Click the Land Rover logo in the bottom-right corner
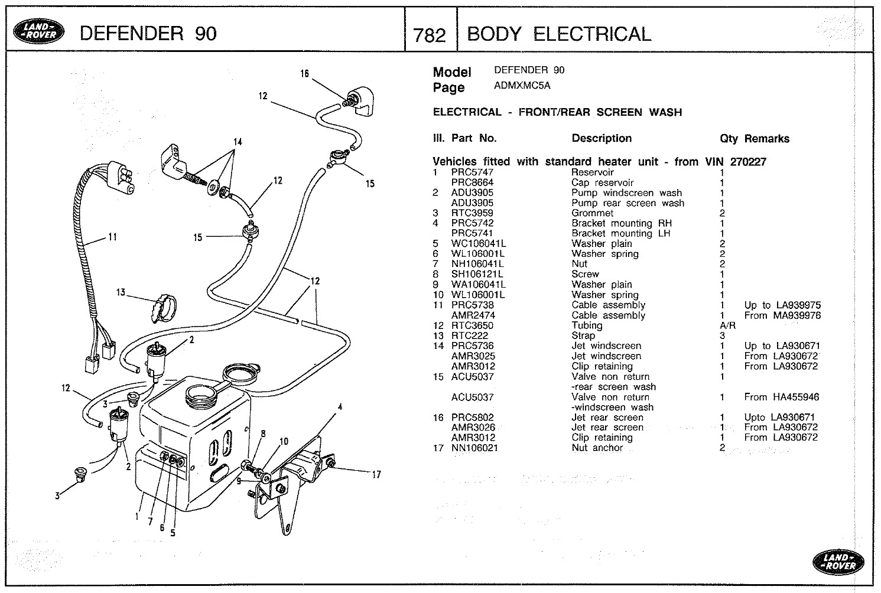pos(838,561)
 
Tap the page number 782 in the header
pos(430,35)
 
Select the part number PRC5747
pos(472,172)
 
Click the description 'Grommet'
pos(592,213)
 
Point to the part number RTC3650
pos(472,325)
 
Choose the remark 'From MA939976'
pos(782,315)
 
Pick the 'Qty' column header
pos(729,139)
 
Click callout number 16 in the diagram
pos(304,74)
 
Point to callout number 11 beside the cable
pos(111,237)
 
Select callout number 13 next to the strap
pos(121,292)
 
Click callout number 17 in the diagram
pos(376,474)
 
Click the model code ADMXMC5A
pos(522,86)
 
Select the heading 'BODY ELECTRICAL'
pos(558,34)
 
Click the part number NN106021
pos(474,448)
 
